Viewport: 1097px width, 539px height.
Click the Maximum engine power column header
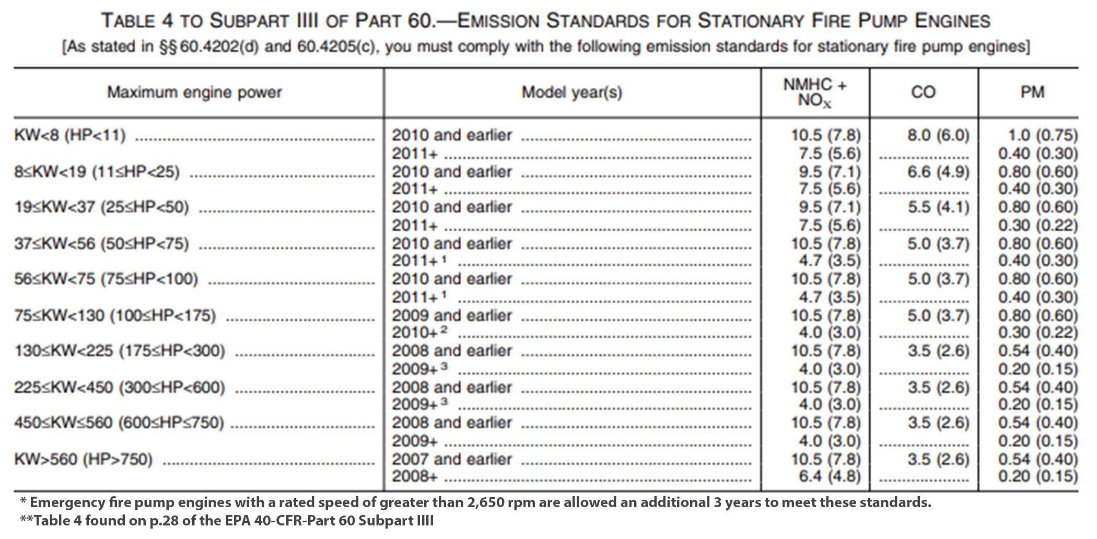point(194,92)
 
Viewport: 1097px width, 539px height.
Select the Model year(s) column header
point(572,92)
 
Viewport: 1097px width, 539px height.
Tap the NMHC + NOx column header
point(815,92)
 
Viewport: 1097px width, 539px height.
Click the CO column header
point(923,92)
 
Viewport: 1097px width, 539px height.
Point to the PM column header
point(1032,92)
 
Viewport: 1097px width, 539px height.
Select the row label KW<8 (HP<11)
point(70,135)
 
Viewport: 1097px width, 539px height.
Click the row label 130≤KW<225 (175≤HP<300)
point(120,351)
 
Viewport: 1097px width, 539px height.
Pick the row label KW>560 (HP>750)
point(84,460)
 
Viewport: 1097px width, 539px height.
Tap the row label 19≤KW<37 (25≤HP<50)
point(101,207)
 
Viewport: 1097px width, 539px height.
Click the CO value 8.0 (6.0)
point(938,135)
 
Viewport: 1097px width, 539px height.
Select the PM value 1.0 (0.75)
point(1043,135)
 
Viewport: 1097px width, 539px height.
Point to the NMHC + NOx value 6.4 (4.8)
point(829,476)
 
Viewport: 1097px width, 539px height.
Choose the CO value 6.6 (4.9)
point(938,172)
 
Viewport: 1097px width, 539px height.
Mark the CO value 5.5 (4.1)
point(938,207)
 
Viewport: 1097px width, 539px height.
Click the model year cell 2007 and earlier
point(452,460)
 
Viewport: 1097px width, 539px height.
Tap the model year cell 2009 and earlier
point(452,316)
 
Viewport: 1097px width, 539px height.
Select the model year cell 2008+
point(415,476)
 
